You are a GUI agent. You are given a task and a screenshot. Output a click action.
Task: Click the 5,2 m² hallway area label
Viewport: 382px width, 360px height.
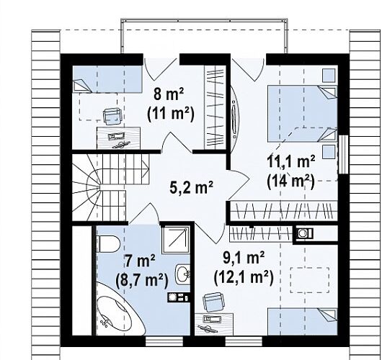191,187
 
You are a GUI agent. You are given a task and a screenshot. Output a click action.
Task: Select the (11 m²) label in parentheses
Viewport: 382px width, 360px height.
171,114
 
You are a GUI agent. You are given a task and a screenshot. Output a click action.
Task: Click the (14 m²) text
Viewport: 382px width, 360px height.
290,182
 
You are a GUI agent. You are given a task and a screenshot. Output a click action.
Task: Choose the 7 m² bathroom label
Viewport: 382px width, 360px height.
140,261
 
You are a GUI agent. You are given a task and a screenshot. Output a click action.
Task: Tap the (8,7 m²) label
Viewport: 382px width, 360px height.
142,281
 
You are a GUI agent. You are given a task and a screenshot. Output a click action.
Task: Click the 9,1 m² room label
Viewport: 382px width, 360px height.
244,258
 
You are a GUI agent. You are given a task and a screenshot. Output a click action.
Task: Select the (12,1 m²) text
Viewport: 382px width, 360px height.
244,278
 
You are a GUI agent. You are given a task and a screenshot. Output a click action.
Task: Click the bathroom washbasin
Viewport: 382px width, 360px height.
182,274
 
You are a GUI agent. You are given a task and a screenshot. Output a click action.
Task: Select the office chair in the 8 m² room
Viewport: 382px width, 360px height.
112,117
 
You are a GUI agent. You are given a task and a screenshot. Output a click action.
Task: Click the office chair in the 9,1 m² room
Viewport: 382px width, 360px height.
213,302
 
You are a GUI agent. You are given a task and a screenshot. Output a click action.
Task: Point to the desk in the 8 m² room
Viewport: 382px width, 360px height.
119,138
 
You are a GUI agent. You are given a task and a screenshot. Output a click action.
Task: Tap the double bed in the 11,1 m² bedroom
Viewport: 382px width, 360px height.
302,114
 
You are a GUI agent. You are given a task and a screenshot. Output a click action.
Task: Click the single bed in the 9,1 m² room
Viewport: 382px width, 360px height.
303,322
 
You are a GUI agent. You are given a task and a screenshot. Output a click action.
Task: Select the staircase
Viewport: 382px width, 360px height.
111,187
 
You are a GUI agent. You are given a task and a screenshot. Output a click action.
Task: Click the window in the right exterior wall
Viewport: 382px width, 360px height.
344,154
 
